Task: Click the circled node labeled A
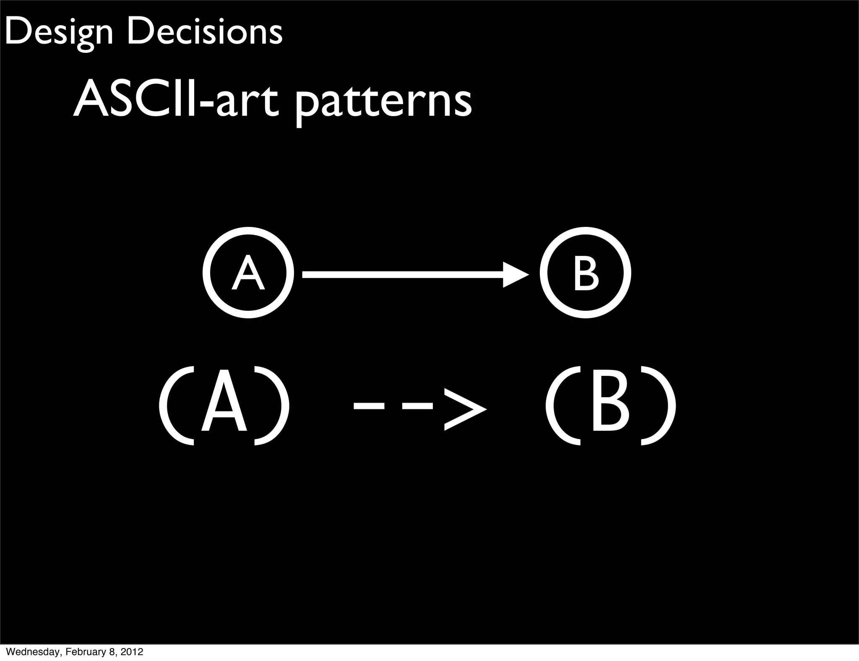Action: pyautogui.click(x=248, y=273)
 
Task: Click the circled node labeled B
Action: pyautogui.click(x=586, y=273)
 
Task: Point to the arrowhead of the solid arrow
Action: pyautogui.click(x=515, y=275)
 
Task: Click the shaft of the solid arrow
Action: pyautogui.click(x=403, y=275)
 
